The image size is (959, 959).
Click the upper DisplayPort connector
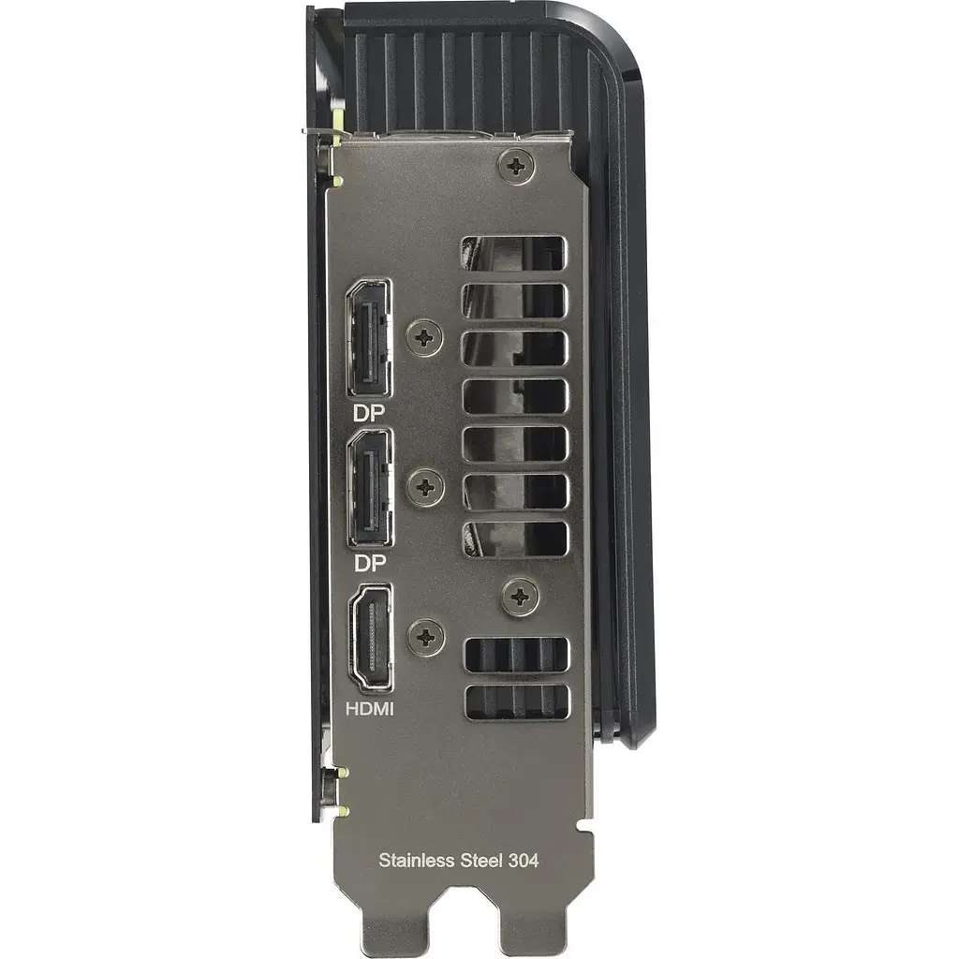click(368, 338)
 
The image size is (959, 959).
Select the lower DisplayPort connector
click(369, 490)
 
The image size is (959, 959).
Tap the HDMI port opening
click(372, 638)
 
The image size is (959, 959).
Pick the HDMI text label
click(369, 709)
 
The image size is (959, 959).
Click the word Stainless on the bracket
click(415, 859)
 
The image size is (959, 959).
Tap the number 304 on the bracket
click(524, 859)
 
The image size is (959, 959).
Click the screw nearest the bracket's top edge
click(516, 166)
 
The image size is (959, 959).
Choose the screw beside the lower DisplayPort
click(426, 486)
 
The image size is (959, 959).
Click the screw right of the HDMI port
click(426, 637)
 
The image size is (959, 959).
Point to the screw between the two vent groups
click(520, 597)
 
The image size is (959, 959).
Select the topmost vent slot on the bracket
click(514, 253)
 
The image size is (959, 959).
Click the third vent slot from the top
click(515, 348)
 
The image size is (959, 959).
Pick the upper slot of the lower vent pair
click(517, 654)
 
